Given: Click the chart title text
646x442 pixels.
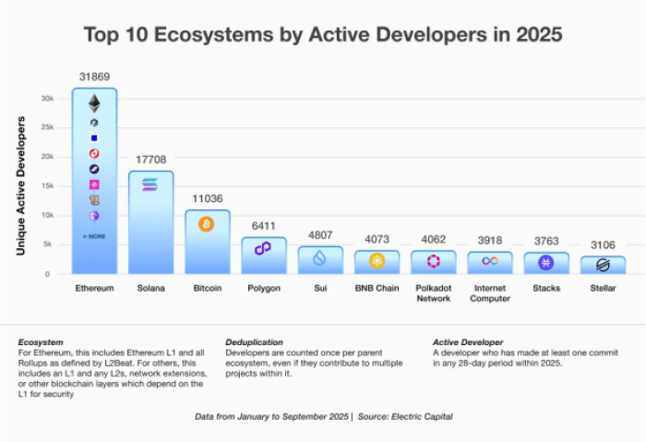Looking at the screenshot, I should tap(323, 34).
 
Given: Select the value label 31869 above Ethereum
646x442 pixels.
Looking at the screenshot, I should tap(94, 75).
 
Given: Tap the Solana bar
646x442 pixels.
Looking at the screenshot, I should tap(150, 221).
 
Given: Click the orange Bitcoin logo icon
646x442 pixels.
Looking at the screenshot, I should tap(207, 224).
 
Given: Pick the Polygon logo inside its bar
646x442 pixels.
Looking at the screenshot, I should tap(264, 248).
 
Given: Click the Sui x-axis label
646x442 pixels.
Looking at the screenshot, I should tap(320, 289).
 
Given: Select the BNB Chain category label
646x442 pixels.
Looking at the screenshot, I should tap(377, 289).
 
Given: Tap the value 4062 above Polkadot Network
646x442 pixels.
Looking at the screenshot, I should tap(433, 238).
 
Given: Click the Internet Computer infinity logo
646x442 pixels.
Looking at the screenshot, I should tap(490, 261).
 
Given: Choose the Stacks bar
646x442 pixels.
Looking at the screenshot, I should tap(546, 262).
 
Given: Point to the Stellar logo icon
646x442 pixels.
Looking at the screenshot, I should tap(603, 265).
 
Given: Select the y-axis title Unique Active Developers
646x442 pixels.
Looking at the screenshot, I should tap(20, 185).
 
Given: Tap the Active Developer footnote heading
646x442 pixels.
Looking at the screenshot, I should tap(469, 341).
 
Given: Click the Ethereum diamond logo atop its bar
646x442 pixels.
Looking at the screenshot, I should tap(94, 102).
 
